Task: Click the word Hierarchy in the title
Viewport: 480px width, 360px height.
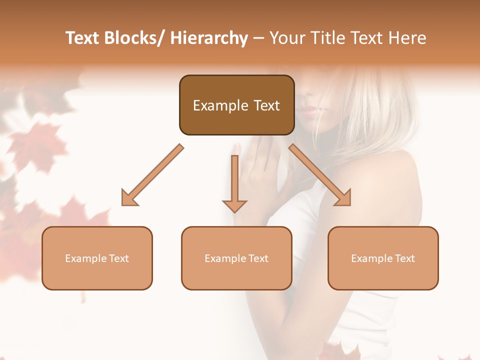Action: (x=209, y=38)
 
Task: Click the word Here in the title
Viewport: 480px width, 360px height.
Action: (x=407, y=38)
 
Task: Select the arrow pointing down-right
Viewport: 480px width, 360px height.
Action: (x=320, y=175)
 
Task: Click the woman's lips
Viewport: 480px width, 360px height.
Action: (x=308, y=111)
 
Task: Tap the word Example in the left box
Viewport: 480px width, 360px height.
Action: (x=86, y=258)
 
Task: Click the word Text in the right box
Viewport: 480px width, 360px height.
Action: (x=404, y=258)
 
